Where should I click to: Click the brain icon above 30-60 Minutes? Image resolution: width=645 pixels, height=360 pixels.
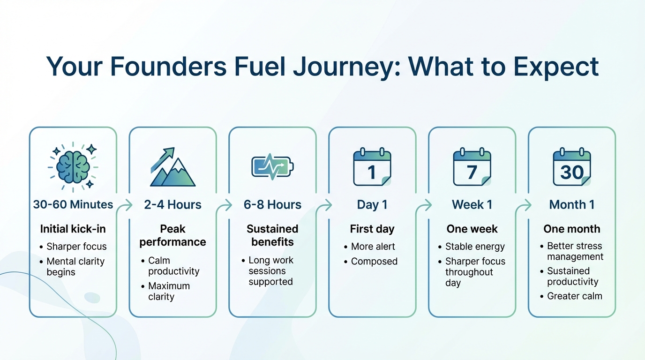tap(73, 166)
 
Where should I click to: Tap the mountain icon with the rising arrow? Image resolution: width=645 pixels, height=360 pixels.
tap(172, 168)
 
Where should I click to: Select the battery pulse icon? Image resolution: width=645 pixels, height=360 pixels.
tap(272, 167)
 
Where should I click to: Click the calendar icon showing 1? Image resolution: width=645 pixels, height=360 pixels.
tap(372, 167)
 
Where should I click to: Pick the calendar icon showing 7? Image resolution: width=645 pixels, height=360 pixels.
tap(472, 167)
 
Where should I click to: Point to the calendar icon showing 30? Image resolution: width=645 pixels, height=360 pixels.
tap(572, 167)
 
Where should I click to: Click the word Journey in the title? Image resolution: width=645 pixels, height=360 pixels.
tap(346, 66)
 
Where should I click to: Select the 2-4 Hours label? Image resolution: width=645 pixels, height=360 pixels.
tap(172, 205)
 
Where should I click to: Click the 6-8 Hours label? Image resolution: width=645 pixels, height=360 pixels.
tap(272, 205)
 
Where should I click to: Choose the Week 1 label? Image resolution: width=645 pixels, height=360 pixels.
tap(472, 205)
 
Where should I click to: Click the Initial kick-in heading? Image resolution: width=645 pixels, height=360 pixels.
tap(73, 229)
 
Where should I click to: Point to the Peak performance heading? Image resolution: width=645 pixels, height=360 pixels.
tap(172, 235)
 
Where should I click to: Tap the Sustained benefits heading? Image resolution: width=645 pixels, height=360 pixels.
tap(272, 235)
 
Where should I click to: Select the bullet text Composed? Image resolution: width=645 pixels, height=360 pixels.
tap(374, 262)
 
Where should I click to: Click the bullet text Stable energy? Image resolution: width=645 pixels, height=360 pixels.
tap(475, 247)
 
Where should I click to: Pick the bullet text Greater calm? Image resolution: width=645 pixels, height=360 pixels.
tap(575, 296)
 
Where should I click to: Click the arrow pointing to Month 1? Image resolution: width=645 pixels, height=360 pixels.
tap(526, 205)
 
